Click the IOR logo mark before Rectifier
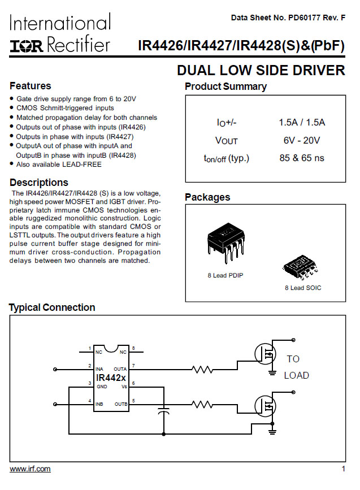[x=27, y=45]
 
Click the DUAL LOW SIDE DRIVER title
[x=261, y=70]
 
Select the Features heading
[x=31, y=86]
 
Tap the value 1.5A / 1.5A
[x=302, y=123]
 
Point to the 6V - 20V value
[x=302, y=140]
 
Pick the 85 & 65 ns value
[x=302, y=158]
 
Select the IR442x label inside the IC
[x=111, y=377]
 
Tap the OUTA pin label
[x=120, y=369]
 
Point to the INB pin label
[x=100, y=404]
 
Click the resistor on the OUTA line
[x=202, y=370]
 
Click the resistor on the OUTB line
[x=202, y=405]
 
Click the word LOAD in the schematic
[x=296, y=375]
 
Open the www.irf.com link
[x=30, y=469]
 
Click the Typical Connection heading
[x=52, y=307]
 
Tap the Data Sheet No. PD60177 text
[x=288, y=18]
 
